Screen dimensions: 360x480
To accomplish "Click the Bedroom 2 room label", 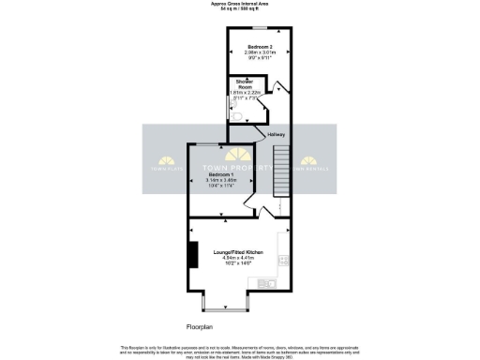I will (x=260, y=46).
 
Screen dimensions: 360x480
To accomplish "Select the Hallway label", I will (x=276, y=135).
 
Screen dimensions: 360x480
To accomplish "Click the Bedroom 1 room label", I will (x=220, y=175).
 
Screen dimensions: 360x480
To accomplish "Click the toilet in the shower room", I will (x=236, y=116).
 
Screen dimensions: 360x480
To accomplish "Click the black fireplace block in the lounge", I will (x=193, y=255).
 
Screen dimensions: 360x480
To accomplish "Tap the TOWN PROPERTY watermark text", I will (x=240, y=170).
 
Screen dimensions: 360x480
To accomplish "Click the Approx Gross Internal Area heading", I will (x=240, y=5).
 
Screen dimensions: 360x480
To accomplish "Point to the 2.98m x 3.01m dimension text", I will (x=260, y=52).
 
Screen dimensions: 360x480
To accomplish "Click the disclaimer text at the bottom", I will (x=240, y=350).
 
